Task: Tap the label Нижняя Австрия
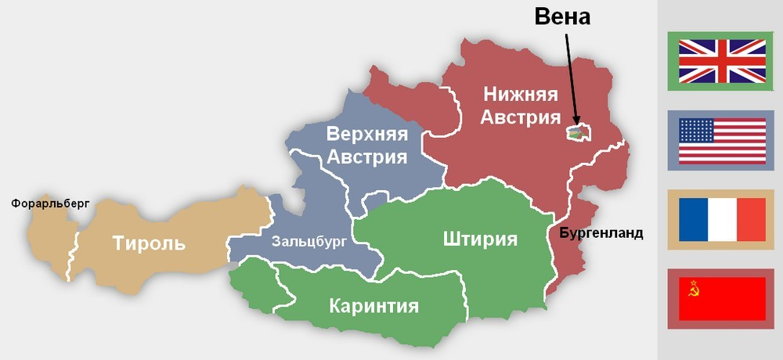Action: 521,106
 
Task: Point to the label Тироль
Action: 149,243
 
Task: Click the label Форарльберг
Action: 50,203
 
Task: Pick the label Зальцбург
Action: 309,241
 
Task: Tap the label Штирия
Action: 479,238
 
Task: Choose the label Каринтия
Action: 373,305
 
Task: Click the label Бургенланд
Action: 601,233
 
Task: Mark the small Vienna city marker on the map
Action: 577,134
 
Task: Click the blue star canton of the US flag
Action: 696,130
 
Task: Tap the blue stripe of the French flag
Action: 693,220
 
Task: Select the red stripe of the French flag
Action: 751,220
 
